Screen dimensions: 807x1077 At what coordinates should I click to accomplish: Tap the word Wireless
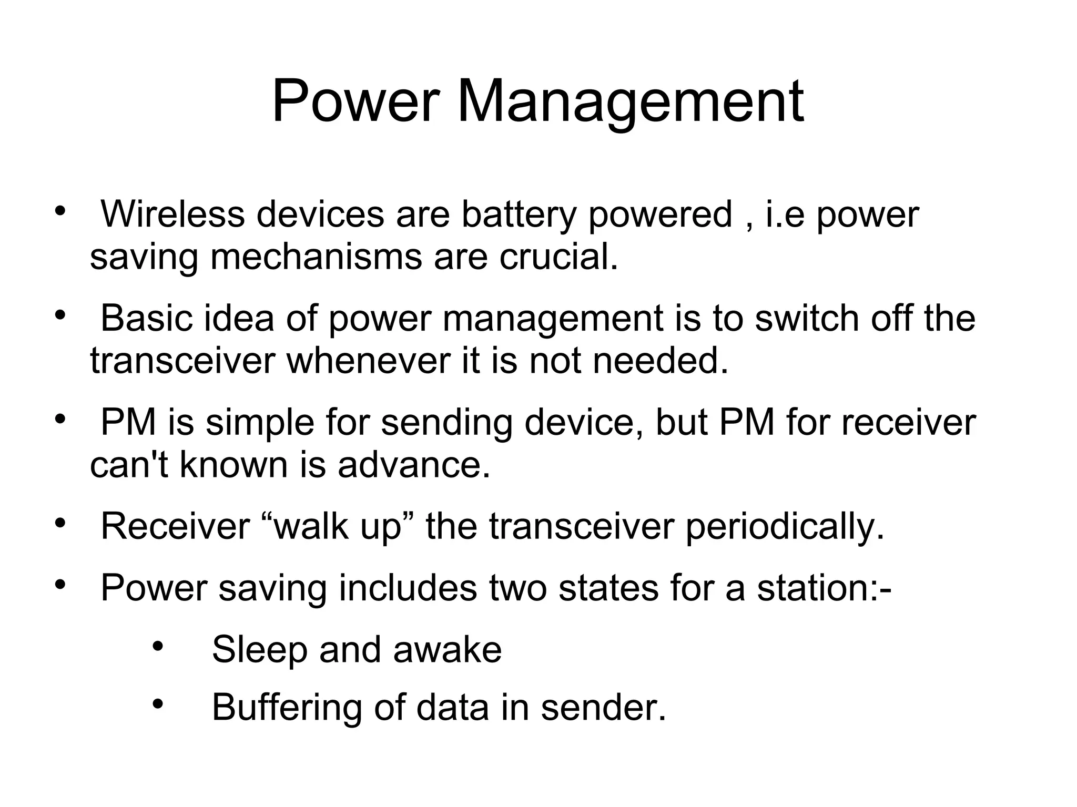pyautogui.click(x=172, y=214)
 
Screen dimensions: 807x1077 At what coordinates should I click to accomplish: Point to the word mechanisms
pyautogui.click(x=316, y=257)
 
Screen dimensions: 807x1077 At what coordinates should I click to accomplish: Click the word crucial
pyautogui.click(x=558, y=257)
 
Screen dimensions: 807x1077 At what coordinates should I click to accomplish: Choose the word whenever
pyautogui.click(x=369, y=361)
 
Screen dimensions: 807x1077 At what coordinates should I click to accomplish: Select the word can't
pyautogui.click(x=129, y=465)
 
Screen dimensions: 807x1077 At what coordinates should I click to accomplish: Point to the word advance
pyautogui.click(x=414, y=465)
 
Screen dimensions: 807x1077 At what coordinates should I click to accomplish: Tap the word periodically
pyautogui.click(x=785, y=526)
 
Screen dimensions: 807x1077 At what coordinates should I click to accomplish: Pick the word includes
pyautogui.click(x=408, y=588)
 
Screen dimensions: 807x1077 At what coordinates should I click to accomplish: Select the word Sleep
pyautogui.click(x=259, y=650)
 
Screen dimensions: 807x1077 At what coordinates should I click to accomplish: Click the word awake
pyautogui.click(x=447, y=650)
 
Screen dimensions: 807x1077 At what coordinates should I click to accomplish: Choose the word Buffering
pyautogui.click(x=287, y=707)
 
